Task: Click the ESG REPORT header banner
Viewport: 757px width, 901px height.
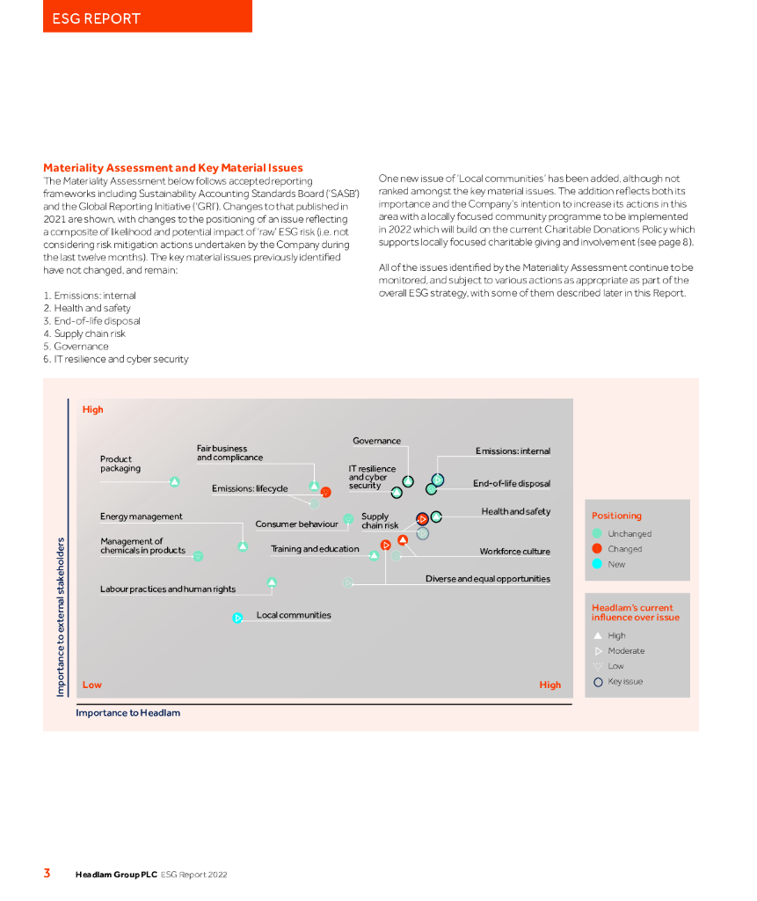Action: [x=147, y=17]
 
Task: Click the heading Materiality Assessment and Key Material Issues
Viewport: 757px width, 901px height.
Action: [x=173, y=168]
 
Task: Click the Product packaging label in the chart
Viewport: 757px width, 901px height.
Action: [x=120, y=464]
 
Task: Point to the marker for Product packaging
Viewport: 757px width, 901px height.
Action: [x=174, y=481]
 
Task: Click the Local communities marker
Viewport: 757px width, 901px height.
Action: [x=237, y=618]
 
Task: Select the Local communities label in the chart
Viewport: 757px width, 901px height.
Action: [x=294, y=615]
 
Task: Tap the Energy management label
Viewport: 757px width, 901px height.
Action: [x=142, y=516]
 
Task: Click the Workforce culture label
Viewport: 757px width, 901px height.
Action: [x=514, y=552]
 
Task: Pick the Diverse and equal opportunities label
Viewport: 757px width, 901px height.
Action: [x=488, y=579]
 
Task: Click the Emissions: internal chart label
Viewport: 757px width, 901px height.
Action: [x=513, y=451]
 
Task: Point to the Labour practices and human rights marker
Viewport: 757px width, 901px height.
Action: [x=272, y=582]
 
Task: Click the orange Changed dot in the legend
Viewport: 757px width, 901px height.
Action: [x=597, y=549]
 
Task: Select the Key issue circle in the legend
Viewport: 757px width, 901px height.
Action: [x=598, y=682]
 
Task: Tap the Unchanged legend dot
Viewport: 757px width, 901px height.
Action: [x=597, y=533]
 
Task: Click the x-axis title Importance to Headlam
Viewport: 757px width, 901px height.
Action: [x=127, y=713]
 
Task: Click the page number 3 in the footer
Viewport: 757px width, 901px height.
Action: [x=47, y=874]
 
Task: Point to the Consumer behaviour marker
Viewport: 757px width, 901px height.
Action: [x=348, y=519]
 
